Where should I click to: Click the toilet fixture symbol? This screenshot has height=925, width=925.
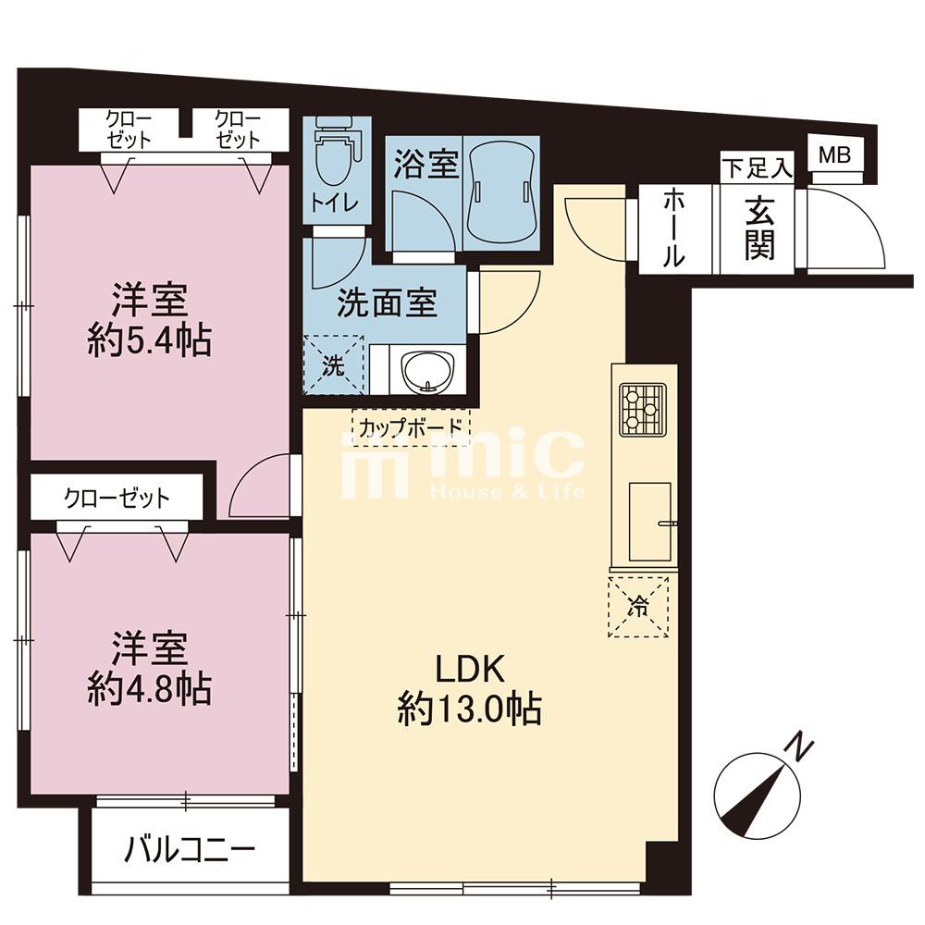pos(334,150)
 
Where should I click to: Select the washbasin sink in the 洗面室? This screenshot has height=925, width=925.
pos(427,371)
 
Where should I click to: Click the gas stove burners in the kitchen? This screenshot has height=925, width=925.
pos(643,410)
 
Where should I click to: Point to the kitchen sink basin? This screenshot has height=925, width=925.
pos(649,522)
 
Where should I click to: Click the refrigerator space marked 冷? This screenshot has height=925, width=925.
pos(638,607)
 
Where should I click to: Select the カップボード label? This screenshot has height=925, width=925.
pos(411,425)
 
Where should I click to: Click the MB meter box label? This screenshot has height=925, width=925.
pos(834,154)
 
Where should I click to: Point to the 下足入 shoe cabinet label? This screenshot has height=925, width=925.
pos(757,168)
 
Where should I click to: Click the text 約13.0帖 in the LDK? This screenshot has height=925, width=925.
pos(470,709)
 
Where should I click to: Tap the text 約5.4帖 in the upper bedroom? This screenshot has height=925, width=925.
pos(149,340)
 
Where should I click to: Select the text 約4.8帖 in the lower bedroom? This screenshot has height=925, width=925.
pos(149,688)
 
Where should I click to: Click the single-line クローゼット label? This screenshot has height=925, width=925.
pos(117,499)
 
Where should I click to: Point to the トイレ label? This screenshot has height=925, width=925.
pos(335,204)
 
